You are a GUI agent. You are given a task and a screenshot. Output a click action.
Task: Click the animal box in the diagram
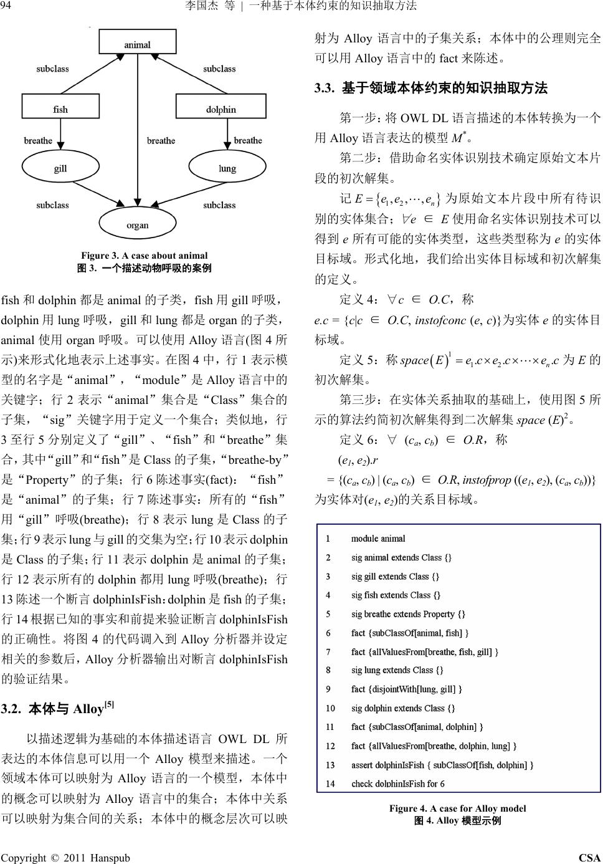[x=137, y=44]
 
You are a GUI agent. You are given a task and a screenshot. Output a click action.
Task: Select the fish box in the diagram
[x=60, y=109]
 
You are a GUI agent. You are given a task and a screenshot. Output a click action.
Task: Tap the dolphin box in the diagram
[x=221, y=109]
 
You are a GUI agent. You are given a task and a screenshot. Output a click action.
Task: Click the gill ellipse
[x=60, y=168]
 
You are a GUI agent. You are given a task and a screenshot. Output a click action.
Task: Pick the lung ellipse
[x=227, y=168]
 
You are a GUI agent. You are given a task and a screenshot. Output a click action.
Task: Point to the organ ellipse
[x=138, y=224]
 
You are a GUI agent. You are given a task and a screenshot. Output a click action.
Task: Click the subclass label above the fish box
[x=52, y=69]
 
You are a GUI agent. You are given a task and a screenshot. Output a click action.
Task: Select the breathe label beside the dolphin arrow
[x=248, y=140]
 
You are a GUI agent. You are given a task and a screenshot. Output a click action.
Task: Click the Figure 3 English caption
[x=144, y=256]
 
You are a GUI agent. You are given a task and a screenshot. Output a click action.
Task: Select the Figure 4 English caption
[x=457, y=809]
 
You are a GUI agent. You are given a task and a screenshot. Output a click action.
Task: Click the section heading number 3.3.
[x=325, y=89]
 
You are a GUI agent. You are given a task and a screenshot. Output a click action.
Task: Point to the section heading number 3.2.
[x=12, y=709]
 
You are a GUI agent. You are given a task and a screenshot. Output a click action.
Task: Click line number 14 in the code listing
[x=330, y=784]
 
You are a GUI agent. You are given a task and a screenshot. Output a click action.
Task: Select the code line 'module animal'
[x=377, y=539]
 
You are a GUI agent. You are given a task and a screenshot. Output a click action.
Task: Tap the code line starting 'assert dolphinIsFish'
[x=442, y=765]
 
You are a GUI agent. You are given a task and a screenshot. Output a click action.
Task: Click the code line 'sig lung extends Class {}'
[x=397, y=670]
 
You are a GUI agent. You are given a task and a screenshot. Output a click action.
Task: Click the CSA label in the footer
[x=589, y=858]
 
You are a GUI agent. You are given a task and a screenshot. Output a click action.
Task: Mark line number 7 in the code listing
[x=328, y=652]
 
